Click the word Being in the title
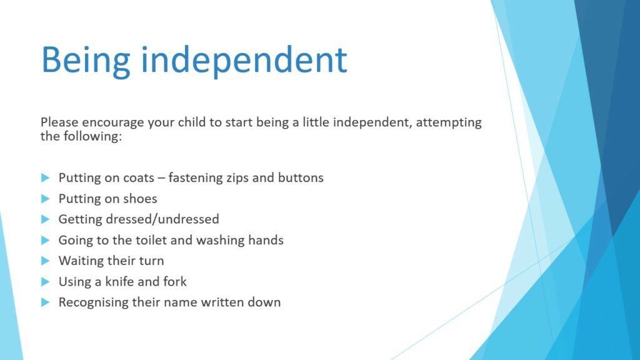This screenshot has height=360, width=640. (86, 61)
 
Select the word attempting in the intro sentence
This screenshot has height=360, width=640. (449, 123)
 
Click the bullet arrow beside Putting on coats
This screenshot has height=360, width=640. (45, 178)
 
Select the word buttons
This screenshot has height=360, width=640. (301, 177)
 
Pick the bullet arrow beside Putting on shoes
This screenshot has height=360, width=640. (45, 199)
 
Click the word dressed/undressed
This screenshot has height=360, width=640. (162, 219)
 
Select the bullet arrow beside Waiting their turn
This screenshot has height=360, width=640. (45, 261)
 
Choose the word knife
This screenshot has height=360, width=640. (119, 282)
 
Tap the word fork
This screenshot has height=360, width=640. (175, 282)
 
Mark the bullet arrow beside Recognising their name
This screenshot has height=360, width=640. (45, 302)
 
